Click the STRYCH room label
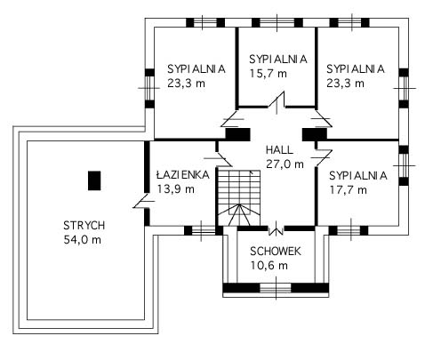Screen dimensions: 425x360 pyautogui.click(x=84, y=226)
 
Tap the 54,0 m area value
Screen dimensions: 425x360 pyautogui.click(x=83, y=240)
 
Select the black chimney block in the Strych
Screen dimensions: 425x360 pyautogui.click(x=94, y=180)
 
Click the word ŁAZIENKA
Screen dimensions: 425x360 pyautogui.click(x=183, y=174)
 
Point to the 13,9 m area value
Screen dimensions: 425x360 pyautogui.click(x=176, y=188)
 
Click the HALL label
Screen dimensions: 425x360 pyautogui.click(x=279, y=149)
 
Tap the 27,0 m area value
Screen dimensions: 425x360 pyautogui.click(x=285, y=164)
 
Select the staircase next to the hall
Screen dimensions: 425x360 pyautogui.click(x=239, y=197)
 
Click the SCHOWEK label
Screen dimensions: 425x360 pyautogui.click(x=276, y=252)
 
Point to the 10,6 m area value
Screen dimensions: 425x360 pyautogui.click(x=269, y=266)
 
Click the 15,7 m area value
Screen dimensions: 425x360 pyautogui.click(x=269, y=74)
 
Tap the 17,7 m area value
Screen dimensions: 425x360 pyautogui.click(x=349, y=190)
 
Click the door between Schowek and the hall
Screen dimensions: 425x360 pyautogui.click(x=276, y=229)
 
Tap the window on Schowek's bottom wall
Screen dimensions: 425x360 pyautogui.click(x=276, y=288)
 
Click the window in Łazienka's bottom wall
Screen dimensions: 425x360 pyautogui.click(x=204, y=230)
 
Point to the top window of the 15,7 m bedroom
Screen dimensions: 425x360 pyautogui.click(x=277, y=22)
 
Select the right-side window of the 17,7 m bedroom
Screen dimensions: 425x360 pyautogui.click(x=404, y=166)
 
